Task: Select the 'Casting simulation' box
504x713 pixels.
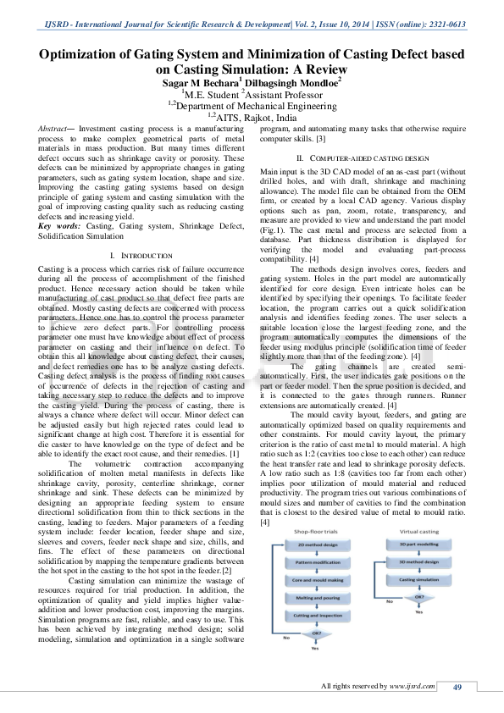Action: click(x=418, y=579)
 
